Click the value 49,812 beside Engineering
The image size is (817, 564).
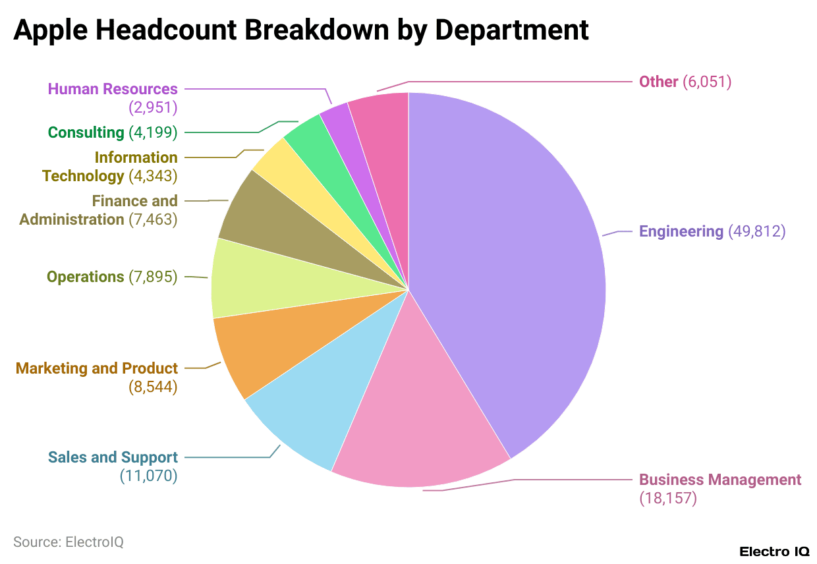click(757, 231)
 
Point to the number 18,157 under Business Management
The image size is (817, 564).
click(668, 498)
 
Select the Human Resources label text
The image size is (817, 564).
click(113, 89)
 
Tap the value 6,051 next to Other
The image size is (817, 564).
click(707, 82)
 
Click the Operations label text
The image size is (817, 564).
click(85, 277)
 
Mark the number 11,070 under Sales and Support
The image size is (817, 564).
click(148, 476)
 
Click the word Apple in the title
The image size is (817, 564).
click(51, 30)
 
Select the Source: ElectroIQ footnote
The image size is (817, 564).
click(69, 542)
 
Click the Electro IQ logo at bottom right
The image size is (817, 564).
click(774, 551)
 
